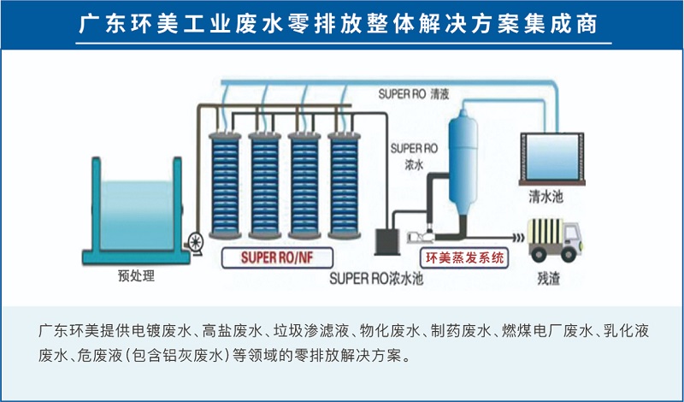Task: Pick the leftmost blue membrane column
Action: click(x=226, y=184)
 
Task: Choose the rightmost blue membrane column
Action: click(x=346, y=184)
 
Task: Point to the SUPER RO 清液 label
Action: click(x=414, y=94)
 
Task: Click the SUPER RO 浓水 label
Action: click(x=407, y=156)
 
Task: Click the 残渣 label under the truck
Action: click(x=548, y=276)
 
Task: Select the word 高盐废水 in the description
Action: click(x=233, y=330)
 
